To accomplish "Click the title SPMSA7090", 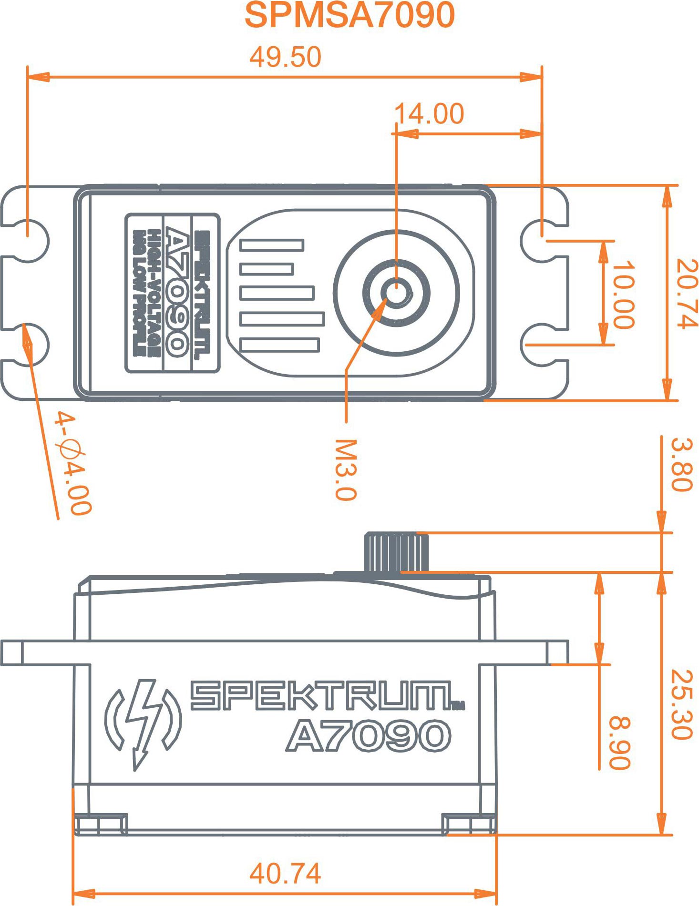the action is click(x=349, y=15).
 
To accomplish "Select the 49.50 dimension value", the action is click(x=285, y=57).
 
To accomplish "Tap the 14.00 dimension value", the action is click(x=429, y=113).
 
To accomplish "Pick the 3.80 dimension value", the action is click(x=681, y=464).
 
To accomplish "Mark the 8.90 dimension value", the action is click(x=620, y=743).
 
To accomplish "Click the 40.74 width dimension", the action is click(x=285, y=874).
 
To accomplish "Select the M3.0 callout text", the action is click(x=346, y=470).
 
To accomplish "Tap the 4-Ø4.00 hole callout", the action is click(x=72, y=463).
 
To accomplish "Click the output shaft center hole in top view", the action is click(x=396, y=292).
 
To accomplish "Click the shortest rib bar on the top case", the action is click(x=267, y=269).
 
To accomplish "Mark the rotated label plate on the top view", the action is click(x=172, y=293).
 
